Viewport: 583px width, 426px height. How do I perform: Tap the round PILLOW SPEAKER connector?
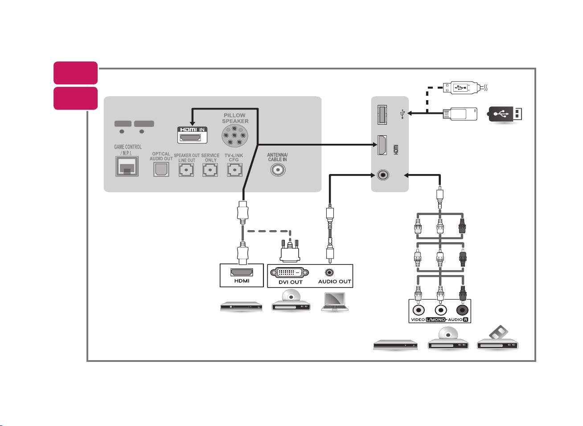click(235, 136)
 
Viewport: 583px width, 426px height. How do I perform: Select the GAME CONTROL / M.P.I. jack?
click(127, 166)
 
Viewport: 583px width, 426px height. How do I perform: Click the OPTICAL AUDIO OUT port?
click(161, 169)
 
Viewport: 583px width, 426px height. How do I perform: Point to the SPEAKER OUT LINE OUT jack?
click(186, 170)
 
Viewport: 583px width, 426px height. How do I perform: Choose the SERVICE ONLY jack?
click(210, 170)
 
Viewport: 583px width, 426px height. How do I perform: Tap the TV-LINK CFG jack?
click(234, 170)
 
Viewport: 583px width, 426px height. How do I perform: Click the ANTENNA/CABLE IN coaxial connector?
click(278, 170)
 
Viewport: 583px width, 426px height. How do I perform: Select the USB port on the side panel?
click(382, 114)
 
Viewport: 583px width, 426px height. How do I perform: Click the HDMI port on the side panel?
click(382, 145)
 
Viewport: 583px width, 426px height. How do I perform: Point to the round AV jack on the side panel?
click(383, 175)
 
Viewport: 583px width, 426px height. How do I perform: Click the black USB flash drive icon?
click(505, 114)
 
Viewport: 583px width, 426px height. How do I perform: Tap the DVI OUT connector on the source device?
click(289, 272)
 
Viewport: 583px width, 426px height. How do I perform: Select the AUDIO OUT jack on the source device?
click(329, 272)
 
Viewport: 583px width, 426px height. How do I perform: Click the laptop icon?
click(335, 301)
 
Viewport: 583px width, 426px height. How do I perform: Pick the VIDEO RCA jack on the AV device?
click(418, 310)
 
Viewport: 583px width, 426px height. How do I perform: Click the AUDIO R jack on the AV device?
click(462, 310)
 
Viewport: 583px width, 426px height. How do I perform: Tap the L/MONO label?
click(435, 320)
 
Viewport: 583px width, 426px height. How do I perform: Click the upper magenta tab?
click(75, 73)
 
